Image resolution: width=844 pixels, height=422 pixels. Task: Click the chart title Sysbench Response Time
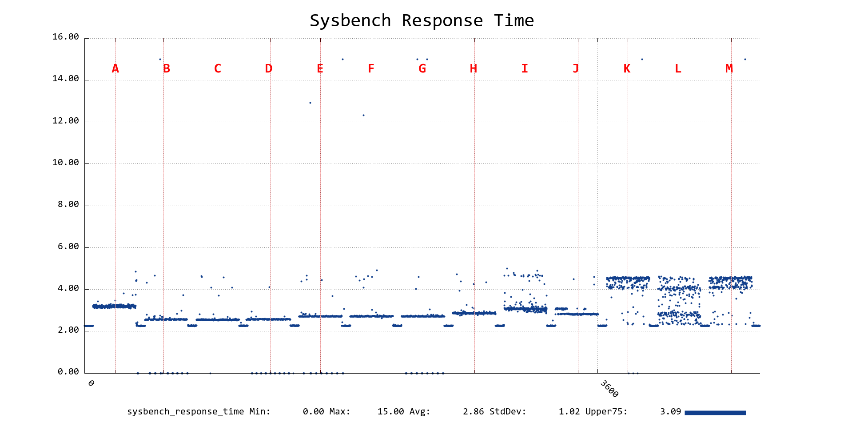tap(422, 21)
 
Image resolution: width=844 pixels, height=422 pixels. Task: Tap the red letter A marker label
tap(115, 69)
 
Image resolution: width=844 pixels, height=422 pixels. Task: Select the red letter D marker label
tap(269, 69)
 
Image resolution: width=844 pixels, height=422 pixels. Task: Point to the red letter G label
tap(422, 69)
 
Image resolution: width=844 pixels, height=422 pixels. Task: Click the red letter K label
tap(627, 69)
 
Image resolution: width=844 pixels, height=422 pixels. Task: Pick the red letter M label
tap(729, 69)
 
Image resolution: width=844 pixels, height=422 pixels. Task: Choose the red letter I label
tap(525, 69)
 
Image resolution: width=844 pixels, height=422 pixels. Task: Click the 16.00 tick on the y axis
tap(66, 37)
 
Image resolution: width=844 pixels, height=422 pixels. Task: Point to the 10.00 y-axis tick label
tap(66, 163)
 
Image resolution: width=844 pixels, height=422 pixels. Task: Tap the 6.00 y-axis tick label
tap(68, 247)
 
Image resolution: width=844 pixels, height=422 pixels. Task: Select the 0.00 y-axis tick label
tap(68, 372)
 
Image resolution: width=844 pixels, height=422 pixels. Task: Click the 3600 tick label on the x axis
tap(609, 389)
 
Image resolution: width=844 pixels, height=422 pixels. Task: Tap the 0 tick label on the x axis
tap(91, 383)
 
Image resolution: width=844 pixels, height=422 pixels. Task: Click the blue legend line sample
tap(715, 413)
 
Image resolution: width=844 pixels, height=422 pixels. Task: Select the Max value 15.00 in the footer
tap(390, 412)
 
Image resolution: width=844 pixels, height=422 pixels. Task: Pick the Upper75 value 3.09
tap(670, 412)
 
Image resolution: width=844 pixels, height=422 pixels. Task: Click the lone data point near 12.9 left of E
tap(310, 103)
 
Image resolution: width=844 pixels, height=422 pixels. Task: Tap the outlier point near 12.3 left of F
tap(363, 115)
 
